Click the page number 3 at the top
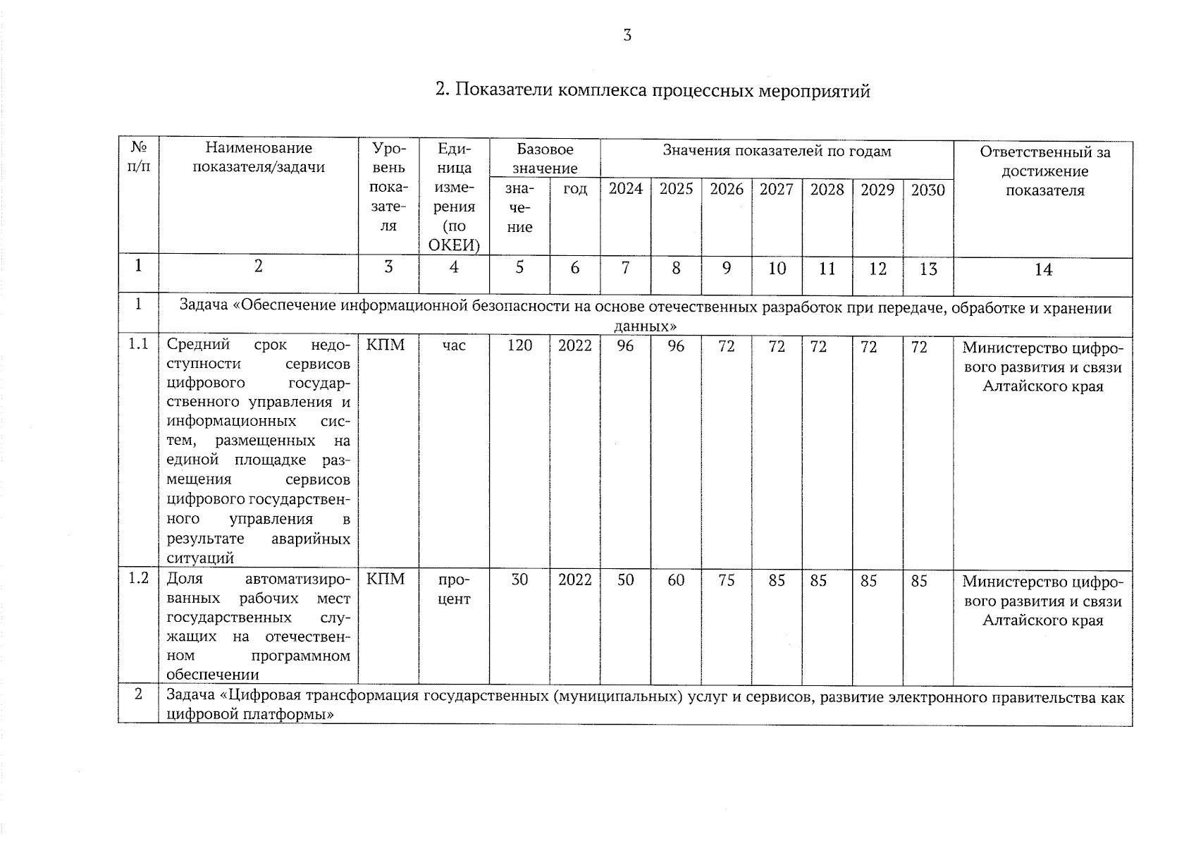(x=627, y=36)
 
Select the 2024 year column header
(x=626, y=189)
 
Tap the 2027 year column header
(x=776, y=190)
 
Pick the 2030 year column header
(x=927, y=190)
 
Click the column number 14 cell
(x=1043, y=269)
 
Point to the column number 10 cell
(x=777, y=269)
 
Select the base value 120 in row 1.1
(x=519, y=345)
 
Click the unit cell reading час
(x=454, y=345)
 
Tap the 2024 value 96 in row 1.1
(x=625, y=346)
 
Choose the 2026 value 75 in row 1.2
(x=726, y=580)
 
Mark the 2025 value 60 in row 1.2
(x=676, y=580)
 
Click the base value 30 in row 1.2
(x=519, y=580)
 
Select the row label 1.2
(x=138, y=578)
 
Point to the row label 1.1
(x=138, y=344)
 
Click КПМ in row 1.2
(x=386, y=579)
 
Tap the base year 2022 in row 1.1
(x=574, y=345)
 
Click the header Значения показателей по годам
(x=777, y=151)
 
